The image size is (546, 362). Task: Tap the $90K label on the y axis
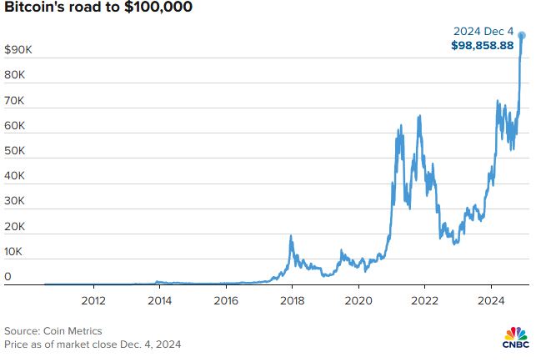pyautogui.click(x=18, y=51)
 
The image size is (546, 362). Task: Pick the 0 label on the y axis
pyautogui.click(x=8, y=276)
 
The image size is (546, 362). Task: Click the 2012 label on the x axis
pyautogui.click(x=93, y=300)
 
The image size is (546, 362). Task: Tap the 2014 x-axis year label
pyautogui.click(x=159, y=300)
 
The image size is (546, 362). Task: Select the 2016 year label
pyautogui.click(x=226, y=300)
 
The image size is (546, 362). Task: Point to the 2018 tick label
pyautogui.click(x=292, y=300)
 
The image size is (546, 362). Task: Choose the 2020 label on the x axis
pyautogui.click(x=358, y=300)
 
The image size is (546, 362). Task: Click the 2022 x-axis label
pyautogui.click(x=425, y=300)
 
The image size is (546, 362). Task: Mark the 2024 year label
pyautogui.click(x=492, y=300)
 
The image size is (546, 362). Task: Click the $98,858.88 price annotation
pyautogui.click(x=483, y=45)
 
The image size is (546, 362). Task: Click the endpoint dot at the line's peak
pyautogui.click(x=522, y=36)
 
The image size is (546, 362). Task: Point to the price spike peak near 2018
pyautogui.click(x=291, y=237)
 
